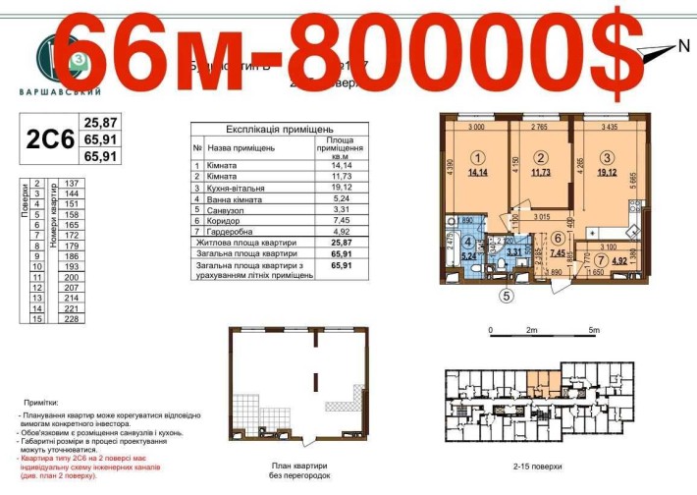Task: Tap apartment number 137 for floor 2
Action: [71, 184]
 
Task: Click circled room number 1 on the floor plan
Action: [477, 157]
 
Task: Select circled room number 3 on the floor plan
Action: [607, 157]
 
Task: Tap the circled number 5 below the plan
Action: [506, 294]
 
